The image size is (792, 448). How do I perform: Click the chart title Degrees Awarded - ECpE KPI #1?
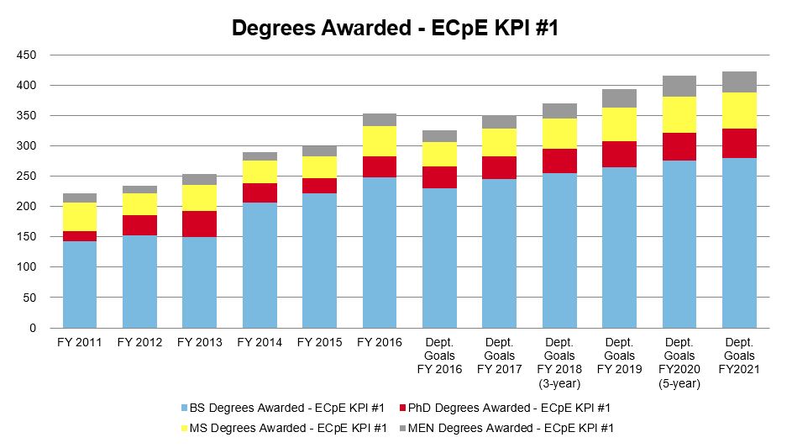pos(395,28)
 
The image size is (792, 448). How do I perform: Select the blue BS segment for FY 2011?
pos(80,284)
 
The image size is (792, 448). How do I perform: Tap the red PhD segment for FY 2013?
pos(199,224)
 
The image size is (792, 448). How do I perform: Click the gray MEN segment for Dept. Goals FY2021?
pos(739,82)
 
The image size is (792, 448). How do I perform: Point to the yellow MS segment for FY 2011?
pos(80,217)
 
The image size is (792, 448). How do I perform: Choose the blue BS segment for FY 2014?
pos(260,265)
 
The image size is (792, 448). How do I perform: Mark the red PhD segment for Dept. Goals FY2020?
pos(679,146)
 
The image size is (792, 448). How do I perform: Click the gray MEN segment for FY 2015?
pos(319,150)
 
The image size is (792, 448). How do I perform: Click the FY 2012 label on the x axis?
pos(139,342)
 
